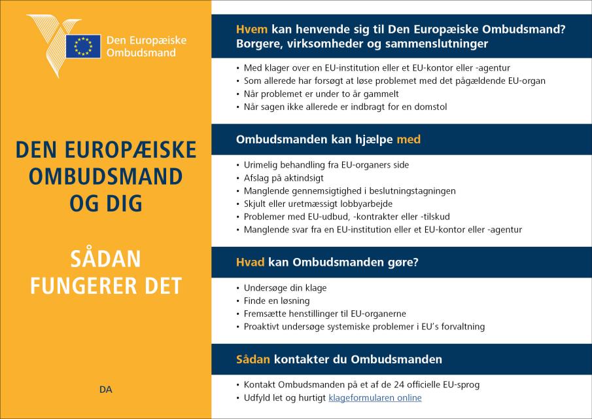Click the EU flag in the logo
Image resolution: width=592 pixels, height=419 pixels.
coord(83,46)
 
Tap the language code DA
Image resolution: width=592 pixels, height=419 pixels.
coord(106,390)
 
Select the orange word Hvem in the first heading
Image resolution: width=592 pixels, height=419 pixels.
coord(251,29)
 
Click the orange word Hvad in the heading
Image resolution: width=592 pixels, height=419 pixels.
coord(251,263)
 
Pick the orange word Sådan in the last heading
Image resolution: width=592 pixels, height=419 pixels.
coord(253,359)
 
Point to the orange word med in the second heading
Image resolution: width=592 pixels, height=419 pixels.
coord(409,139)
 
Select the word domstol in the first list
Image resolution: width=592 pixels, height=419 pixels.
coord(428,106)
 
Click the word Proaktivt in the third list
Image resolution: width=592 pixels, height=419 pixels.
coord(263,326)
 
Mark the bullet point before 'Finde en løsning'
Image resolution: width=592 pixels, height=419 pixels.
coord(237,301)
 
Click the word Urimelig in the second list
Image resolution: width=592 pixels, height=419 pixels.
coord(261,164)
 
